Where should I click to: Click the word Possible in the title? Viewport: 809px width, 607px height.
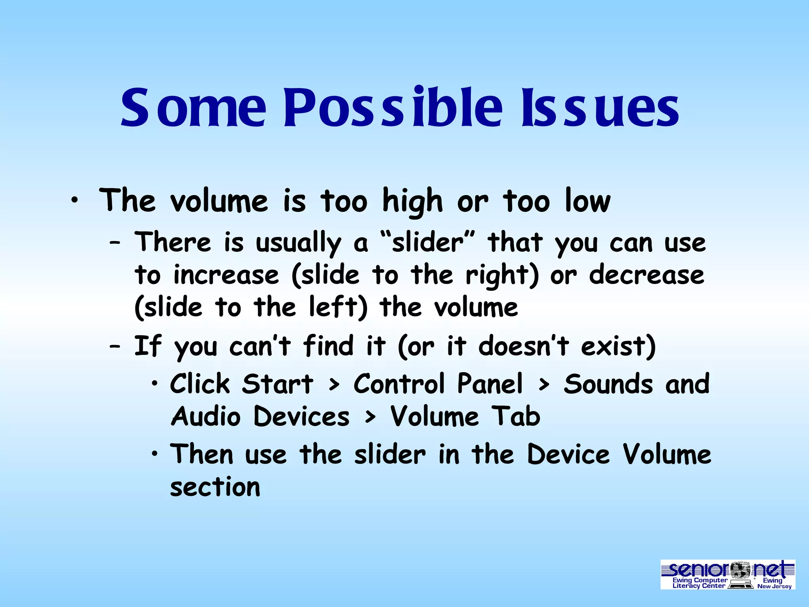[393, 107]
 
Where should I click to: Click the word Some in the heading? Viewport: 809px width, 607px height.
[194, 107]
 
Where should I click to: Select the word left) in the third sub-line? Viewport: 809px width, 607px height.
[338, 307]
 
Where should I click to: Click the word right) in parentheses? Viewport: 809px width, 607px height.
[502, 275]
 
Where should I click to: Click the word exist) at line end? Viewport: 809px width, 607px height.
[618, 346]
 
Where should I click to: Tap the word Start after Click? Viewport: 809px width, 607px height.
[278, 384]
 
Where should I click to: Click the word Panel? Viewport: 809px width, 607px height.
[490, 384]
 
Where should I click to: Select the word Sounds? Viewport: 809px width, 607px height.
[608, 384]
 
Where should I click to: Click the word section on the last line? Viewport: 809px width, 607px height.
[215, 487]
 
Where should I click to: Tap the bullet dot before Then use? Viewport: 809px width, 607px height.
[155, 454]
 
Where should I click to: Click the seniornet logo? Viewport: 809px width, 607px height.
[728, 574]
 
